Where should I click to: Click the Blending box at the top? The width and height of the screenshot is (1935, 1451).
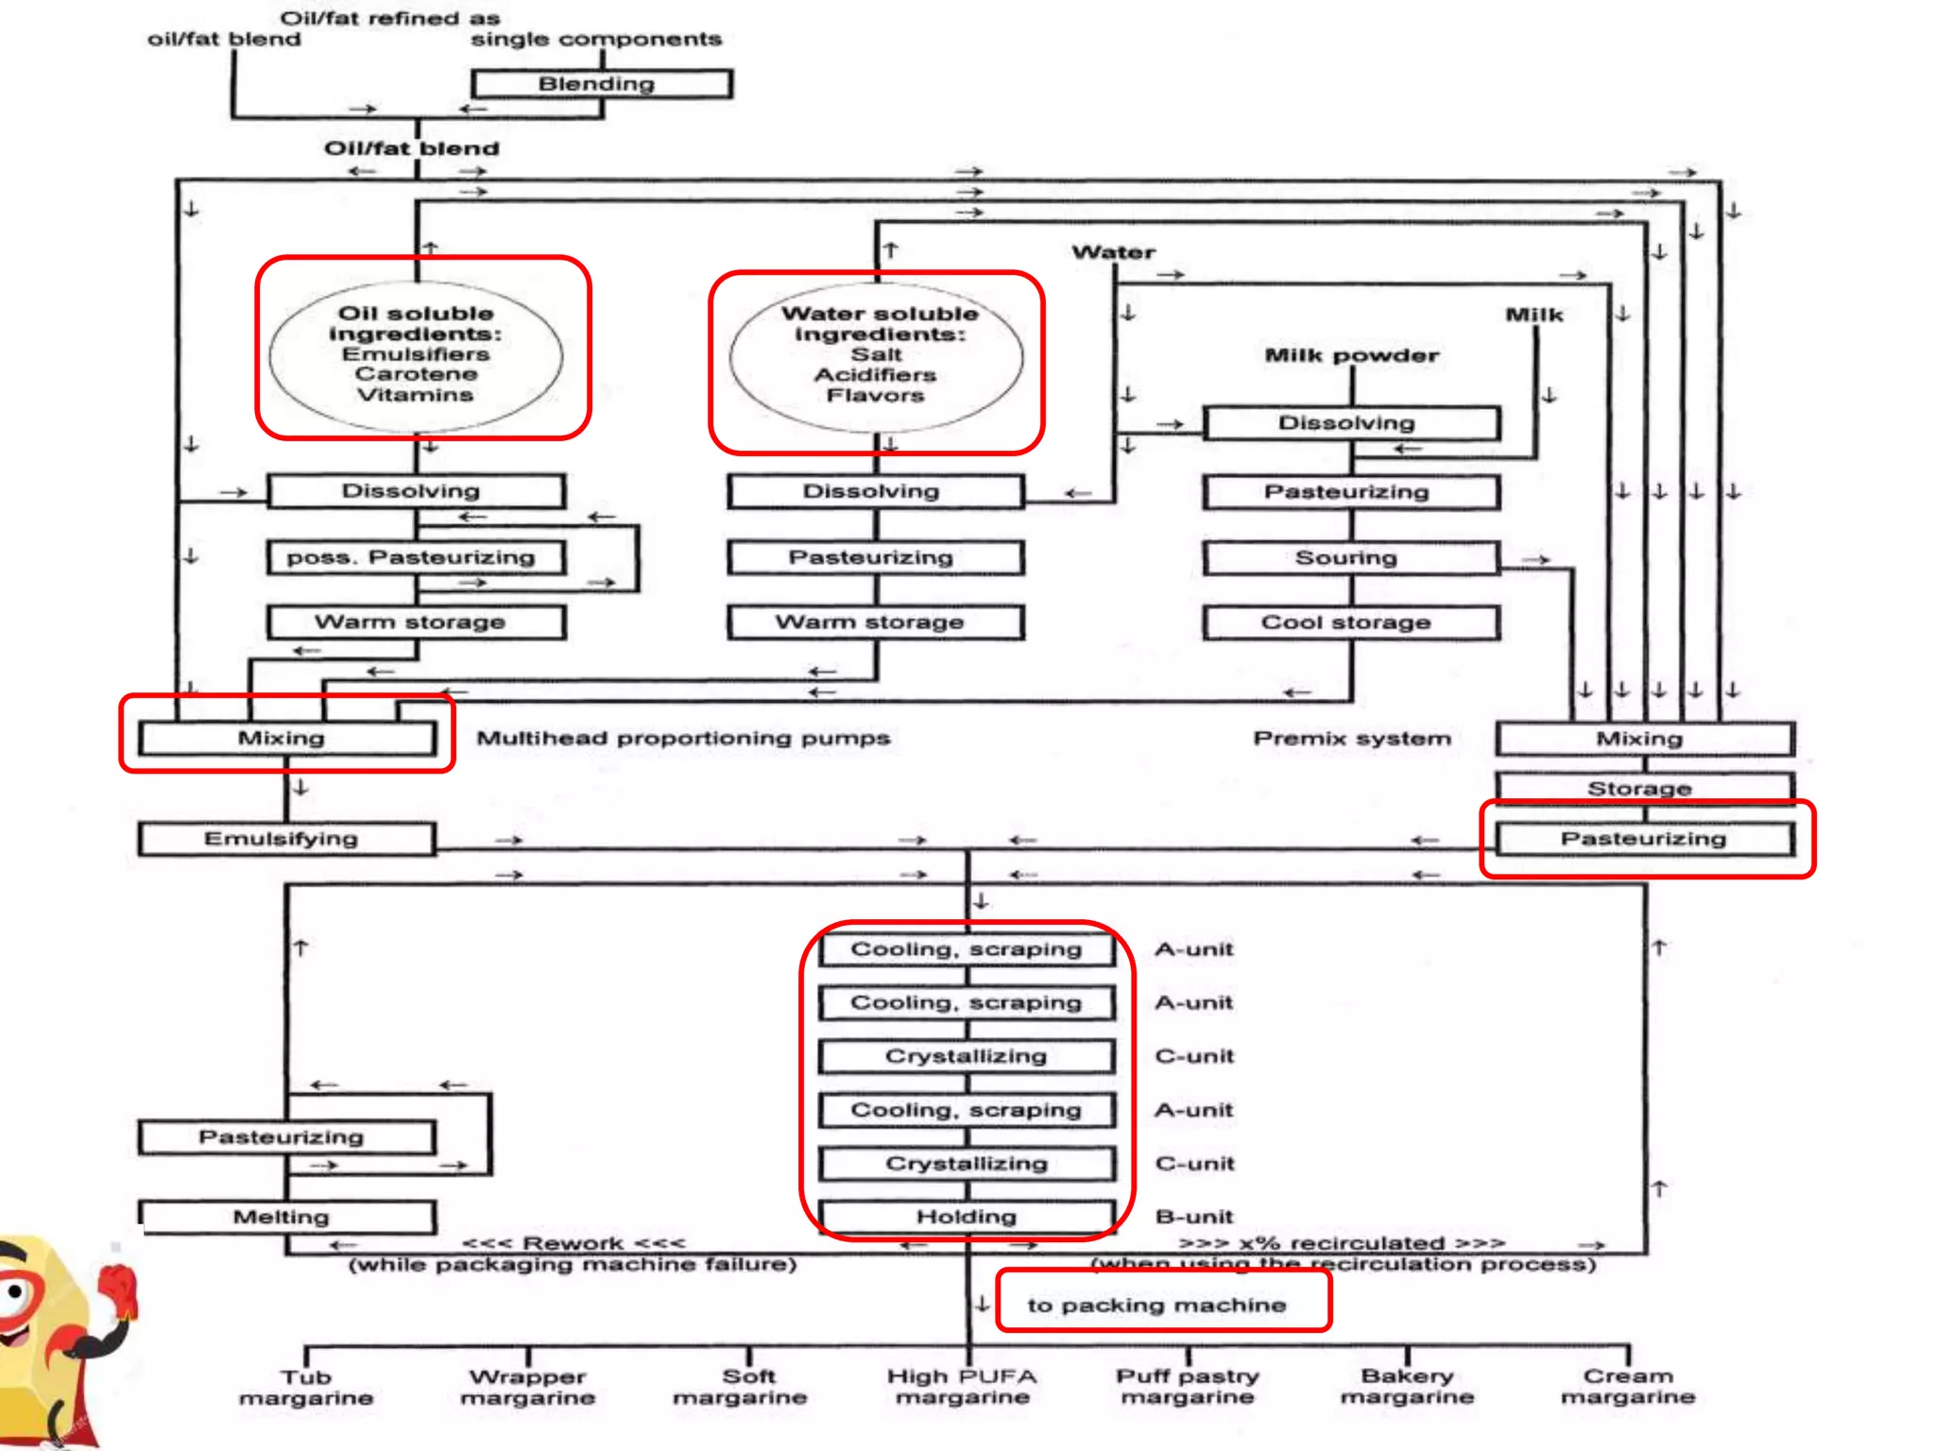click(601, 84)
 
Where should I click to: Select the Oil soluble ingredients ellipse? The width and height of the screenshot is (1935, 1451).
click(416, 354)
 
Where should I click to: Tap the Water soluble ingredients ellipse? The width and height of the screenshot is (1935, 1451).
click(876, 354)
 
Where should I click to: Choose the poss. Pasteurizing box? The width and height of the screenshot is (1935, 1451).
click(416, 557)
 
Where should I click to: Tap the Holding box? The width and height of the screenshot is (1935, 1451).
click(967, 1217)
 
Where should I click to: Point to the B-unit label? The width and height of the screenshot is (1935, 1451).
click(1194, 1217)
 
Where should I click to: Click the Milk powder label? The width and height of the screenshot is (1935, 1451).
click(1351, 355)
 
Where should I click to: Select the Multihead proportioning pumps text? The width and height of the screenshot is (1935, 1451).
click(682, 738)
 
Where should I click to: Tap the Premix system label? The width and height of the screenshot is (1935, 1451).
click(1351, 738)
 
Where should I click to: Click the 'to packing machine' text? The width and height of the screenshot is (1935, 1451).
click(1156, 1305)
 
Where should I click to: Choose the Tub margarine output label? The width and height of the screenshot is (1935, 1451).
click(306, 1387)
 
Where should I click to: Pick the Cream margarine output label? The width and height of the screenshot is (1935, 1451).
click(1627, 1387)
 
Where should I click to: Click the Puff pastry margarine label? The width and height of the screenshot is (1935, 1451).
click(1188, 1387)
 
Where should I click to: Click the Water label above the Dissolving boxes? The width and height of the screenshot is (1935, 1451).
click(1113, 252)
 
